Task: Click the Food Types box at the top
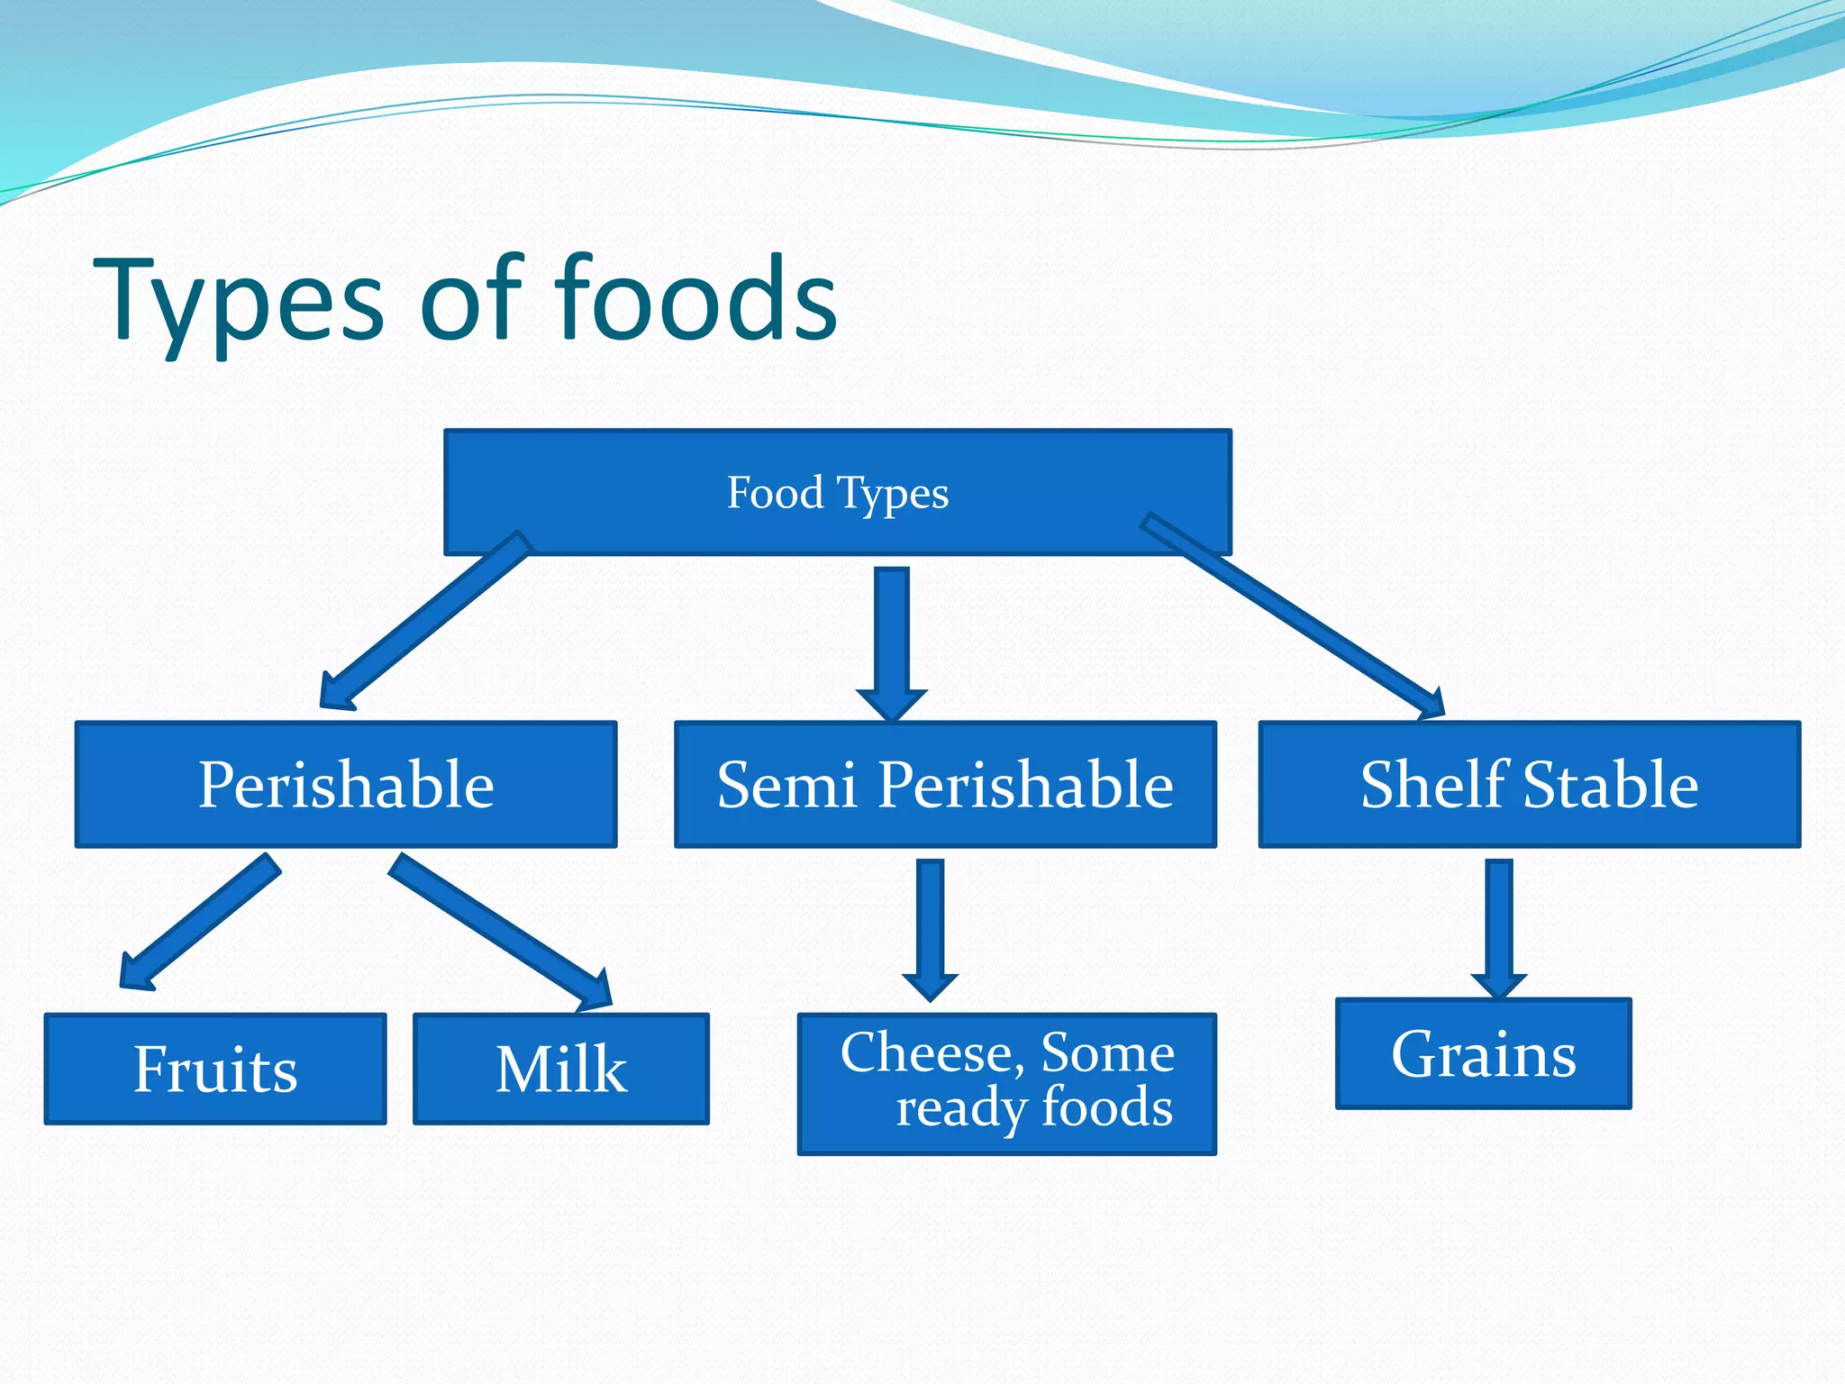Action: [x=838, y=491]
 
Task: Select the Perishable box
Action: [x=346, y=784]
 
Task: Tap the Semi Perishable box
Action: [x=945, y=784]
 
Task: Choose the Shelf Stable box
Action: [x=1529, y=784]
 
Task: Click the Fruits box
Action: [x=215, y=1069]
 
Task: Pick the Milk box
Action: [x=560, y=1069]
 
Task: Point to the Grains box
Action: [x=1483, y=1053]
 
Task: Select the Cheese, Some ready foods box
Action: [x=1006, y=1083]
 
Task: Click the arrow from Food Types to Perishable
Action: [x=423, y=622]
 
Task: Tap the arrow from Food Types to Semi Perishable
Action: [x=891, y=640]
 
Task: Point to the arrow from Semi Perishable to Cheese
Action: [x=930, y=928]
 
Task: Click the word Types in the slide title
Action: [x=239, y=299]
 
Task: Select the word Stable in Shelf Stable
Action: [x=1610, y=784]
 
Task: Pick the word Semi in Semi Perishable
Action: [x=786, y=784]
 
